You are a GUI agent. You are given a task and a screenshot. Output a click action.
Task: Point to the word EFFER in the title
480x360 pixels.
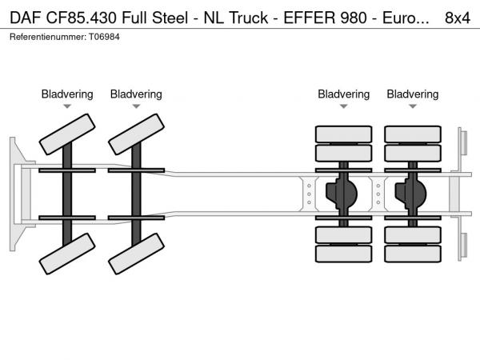point(305,18)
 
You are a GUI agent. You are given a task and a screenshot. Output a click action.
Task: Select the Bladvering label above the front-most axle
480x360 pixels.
point(67,94)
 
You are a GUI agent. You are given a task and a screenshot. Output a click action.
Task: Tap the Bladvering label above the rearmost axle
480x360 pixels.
point(413,94)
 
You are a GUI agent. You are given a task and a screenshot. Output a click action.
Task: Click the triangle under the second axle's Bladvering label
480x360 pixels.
point(136,106)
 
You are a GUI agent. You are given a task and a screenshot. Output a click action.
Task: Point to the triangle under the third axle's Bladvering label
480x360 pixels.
point(344,106)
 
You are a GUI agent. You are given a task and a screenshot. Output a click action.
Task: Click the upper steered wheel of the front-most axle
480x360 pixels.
point(67,133)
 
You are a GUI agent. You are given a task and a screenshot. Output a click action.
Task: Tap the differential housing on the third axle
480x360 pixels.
point(344,192)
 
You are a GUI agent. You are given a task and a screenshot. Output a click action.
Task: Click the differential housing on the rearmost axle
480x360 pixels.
point(413,192)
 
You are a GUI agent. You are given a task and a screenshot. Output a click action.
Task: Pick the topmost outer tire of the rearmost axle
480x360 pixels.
point(413,134)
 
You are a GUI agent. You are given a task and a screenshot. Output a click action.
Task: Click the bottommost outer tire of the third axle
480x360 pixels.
point(344,254)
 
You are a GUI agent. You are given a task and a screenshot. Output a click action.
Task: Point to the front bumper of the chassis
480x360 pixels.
point(15,193)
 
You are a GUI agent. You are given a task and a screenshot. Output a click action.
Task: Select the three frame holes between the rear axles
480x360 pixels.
point(378,193)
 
